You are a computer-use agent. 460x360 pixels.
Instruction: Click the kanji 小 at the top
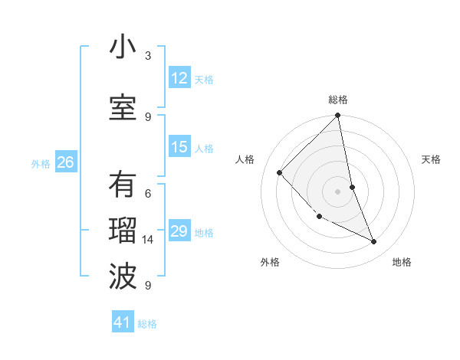(x=123, y=47)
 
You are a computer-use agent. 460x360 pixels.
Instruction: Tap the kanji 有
(x=123, y=185)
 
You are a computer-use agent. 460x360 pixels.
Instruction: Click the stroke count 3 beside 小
(x=148, y=56)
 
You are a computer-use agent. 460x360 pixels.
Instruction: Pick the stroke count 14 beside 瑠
(x=148, y=240)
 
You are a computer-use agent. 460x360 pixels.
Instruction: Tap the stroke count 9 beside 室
(x=148, y=116)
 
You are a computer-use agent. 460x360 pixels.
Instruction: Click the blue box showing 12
(x=179, y=78)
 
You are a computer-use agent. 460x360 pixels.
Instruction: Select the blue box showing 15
(x=179, y=147)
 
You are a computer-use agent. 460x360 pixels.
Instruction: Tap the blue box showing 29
(x=179, y=231)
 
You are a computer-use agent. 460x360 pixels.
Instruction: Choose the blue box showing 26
(x=65, y=162)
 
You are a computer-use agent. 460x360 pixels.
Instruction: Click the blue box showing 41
(x=123, y=322)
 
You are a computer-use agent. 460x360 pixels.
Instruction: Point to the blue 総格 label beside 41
(x=147, y=324)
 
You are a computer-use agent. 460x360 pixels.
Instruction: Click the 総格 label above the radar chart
(x=338, y=100)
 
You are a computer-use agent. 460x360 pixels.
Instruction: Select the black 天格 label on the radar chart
(x=431, y=159)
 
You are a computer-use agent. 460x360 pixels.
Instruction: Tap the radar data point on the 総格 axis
(x=338, y=116)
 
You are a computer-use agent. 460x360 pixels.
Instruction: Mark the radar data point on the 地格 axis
(x=374, y=241)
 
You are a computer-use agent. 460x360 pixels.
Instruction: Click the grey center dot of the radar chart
(x=338, y=191)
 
